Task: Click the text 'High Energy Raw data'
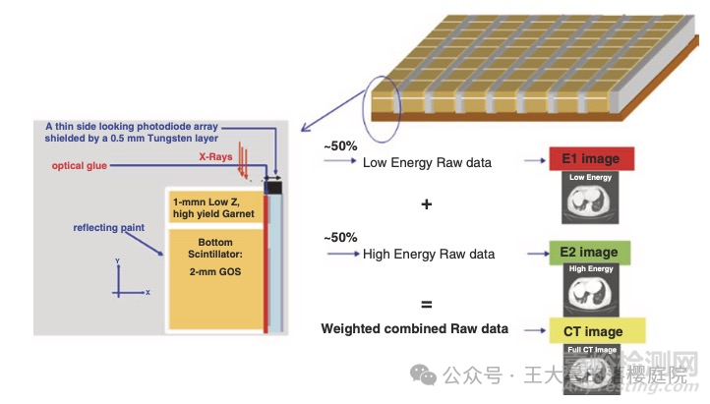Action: click(429, 255)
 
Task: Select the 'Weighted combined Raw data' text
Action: click(414, 328)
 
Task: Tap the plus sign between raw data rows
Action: click(426, 205)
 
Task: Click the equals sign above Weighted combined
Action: click(426, 304)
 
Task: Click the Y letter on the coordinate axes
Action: click(117, 261)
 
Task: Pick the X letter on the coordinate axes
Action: click(148, 293)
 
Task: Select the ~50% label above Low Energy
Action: click(340, 145)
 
